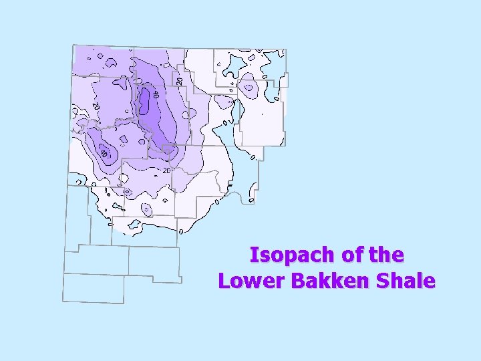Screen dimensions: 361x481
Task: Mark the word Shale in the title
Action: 406,281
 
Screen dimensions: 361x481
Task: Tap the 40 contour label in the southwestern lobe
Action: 103,154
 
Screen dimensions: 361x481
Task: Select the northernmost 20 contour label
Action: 179,80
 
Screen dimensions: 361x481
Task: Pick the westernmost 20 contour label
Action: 96,106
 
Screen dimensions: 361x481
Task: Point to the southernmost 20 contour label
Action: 166,170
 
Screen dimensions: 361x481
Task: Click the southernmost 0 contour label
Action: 181,231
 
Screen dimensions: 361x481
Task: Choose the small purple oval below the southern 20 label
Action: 148,209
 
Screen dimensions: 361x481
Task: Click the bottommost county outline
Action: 93,288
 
